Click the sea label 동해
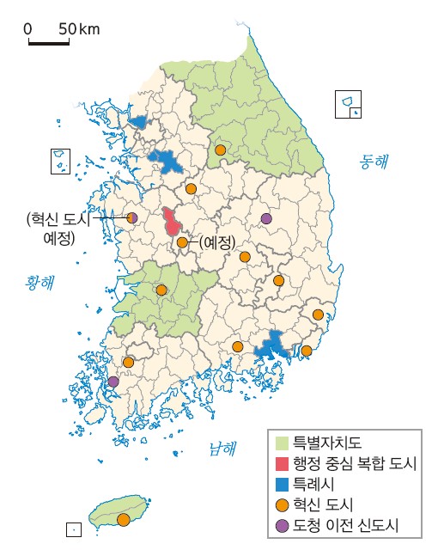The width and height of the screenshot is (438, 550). pos(374,160)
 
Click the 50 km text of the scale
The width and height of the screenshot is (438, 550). pos(79,29)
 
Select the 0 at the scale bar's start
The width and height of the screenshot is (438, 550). pos(28,29)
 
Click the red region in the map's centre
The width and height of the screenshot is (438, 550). pos(173,223)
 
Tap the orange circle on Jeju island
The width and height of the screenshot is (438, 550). pos(124,519)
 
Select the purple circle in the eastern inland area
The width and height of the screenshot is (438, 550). pos(266,218)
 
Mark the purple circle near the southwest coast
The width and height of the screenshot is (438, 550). pos(113,382)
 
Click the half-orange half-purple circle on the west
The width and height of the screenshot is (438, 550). pos(132,218)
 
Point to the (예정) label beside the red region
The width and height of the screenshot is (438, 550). pos(216,243)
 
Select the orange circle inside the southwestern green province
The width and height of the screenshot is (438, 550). pos(161,290)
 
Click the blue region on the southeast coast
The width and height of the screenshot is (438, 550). pos(273,345)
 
